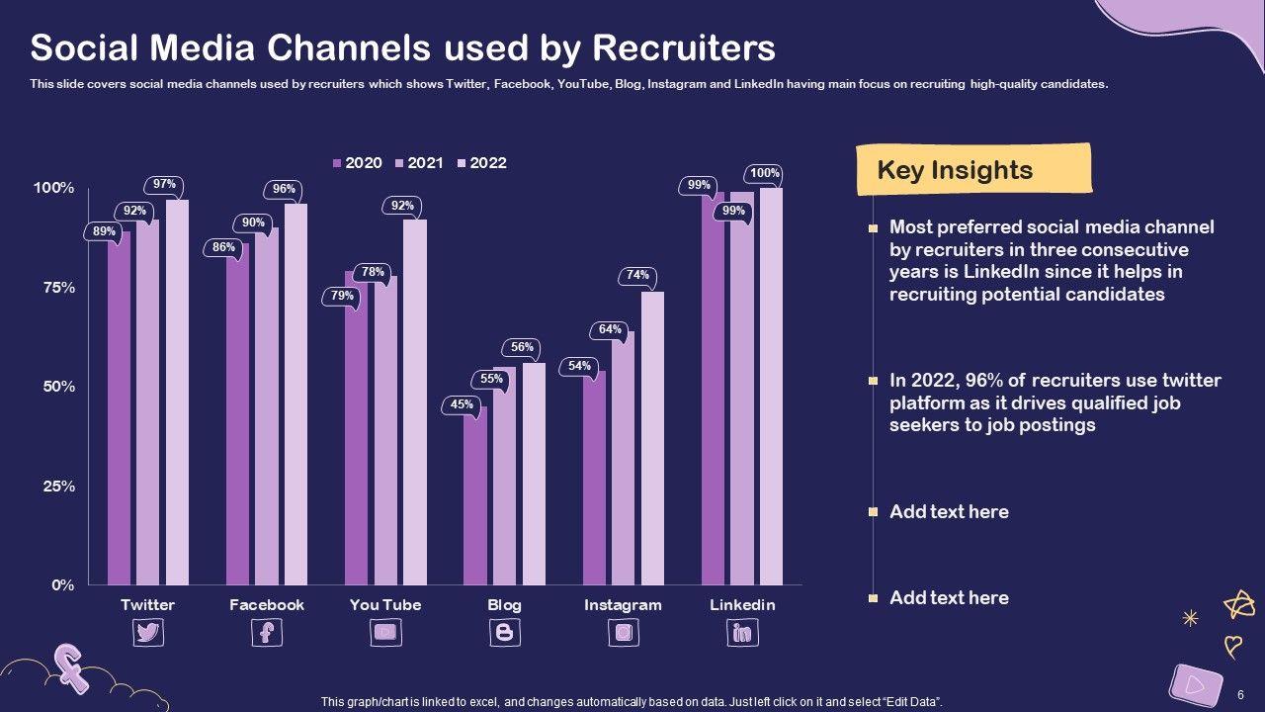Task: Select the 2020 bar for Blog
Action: coord(474,494)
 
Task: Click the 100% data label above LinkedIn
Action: coord(765,173)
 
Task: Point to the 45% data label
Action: coord(462,403)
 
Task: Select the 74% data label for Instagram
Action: coord(637,275)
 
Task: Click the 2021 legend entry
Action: coord(419,163)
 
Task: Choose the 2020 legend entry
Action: coord(357,163)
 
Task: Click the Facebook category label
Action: coord(267,605)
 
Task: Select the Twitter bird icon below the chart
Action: coord(148,632)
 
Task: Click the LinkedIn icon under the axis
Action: coord(742,632)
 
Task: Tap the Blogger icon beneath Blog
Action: coord(504,632)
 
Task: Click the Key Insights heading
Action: coord(955,170)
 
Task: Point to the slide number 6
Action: coord(1240,695)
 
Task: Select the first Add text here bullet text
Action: coord(949,511)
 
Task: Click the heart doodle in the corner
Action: coord(1233,646)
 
